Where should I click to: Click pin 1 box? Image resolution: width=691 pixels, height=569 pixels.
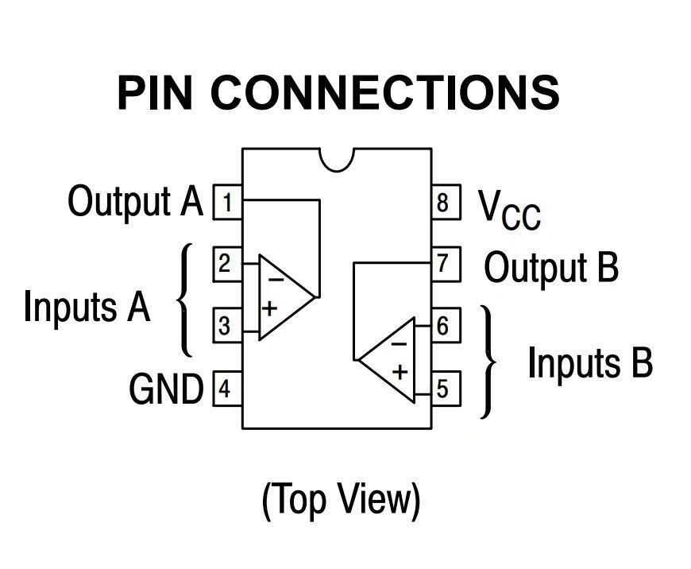[227, 203]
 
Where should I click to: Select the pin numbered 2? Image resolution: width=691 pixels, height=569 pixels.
[227, 263]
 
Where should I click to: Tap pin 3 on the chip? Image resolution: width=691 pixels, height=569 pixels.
[227, 326]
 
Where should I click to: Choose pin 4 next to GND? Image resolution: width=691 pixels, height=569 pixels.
[227, 389]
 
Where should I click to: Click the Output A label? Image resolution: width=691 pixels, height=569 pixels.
[136, 201]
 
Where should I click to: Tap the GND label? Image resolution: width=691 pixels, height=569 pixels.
[166, 389]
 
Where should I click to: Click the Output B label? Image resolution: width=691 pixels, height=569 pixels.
[551, 267]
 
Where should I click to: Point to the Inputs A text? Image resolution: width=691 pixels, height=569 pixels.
[87, 306]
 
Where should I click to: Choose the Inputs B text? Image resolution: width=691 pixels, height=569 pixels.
[590, 363]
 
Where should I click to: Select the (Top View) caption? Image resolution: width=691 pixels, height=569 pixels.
[341, 500]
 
